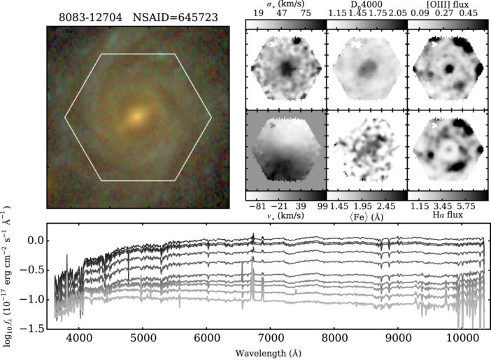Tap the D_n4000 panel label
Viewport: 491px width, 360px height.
(x=367, y=5)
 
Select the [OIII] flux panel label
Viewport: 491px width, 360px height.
(x=447, y=5)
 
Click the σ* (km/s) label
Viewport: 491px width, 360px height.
(x=286, y=5)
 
